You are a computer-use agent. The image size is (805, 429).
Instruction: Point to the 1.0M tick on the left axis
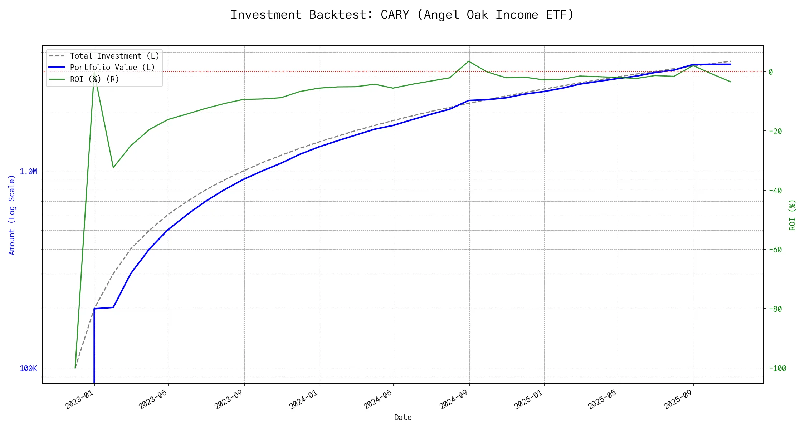(28, 172)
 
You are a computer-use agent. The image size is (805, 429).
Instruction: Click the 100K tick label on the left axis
(28, 368)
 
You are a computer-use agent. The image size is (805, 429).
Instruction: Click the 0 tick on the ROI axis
(771, 72)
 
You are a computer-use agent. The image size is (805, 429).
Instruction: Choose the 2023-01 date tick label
(79, 399)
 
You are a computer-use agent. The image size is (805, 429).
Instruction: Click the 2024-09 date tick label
(454, 399)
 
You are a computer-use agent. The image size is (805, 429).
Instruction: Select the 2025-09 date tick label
(679, 399)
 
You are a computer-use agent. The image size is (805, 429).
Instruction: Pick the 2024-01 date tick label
(304, 399)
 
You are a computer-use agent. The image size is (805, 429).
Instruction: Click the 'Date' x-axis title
(403, 417)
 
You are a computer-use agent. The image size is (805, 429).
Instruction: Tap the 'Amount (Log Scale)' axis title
(12, 214)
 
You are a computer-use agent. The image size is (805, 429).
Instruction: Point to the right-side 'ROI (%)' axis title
(792, 214)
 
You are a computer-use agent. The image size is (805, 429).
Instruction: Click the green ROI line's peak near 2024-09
(469, 61)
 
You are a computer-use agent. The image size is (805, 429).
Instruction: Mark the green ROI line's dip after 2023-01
(113, 167)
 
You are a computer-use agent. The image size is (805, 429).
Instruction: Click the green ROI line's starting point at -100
(75, 368)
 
